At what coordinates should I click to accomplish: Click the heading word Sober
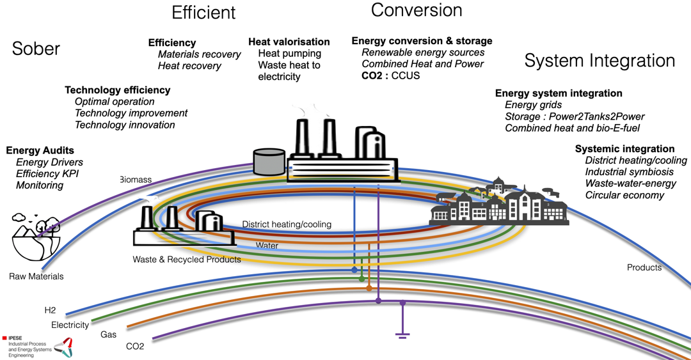click(36, 49)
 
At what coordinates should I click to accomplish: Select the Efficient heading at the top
click(203, 12)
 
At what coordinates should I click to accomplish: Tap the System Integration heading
click(600, 61)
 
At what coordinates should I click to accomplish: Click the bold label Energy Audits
click(40, 150)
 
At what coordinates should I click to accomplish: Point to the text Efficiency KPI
click(47, 173)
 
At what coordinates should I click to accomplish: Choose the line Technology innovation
click(125, 125)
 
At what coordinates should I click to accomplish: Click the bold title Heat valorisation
click(289, 42)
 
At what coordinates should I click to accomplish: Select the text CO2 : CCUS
click(391, 75)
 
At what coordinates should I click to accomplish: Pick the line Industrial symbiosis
click(629, 172)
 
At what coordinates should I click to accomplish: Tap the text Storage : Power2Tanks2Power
click(575, 116)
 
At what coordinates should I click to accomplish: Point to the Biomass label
click(136, 180)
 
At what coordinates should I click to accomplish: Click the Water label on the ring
click(267, 245)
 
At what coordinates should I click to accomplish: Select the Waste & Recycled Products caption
click(187, 260)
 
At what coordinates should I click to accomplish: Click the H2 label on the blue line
click(50, 310)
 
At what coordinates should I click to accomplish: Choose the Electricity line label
click(70, 325)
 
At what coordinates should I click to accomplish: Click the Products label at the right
click(644, 267)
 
